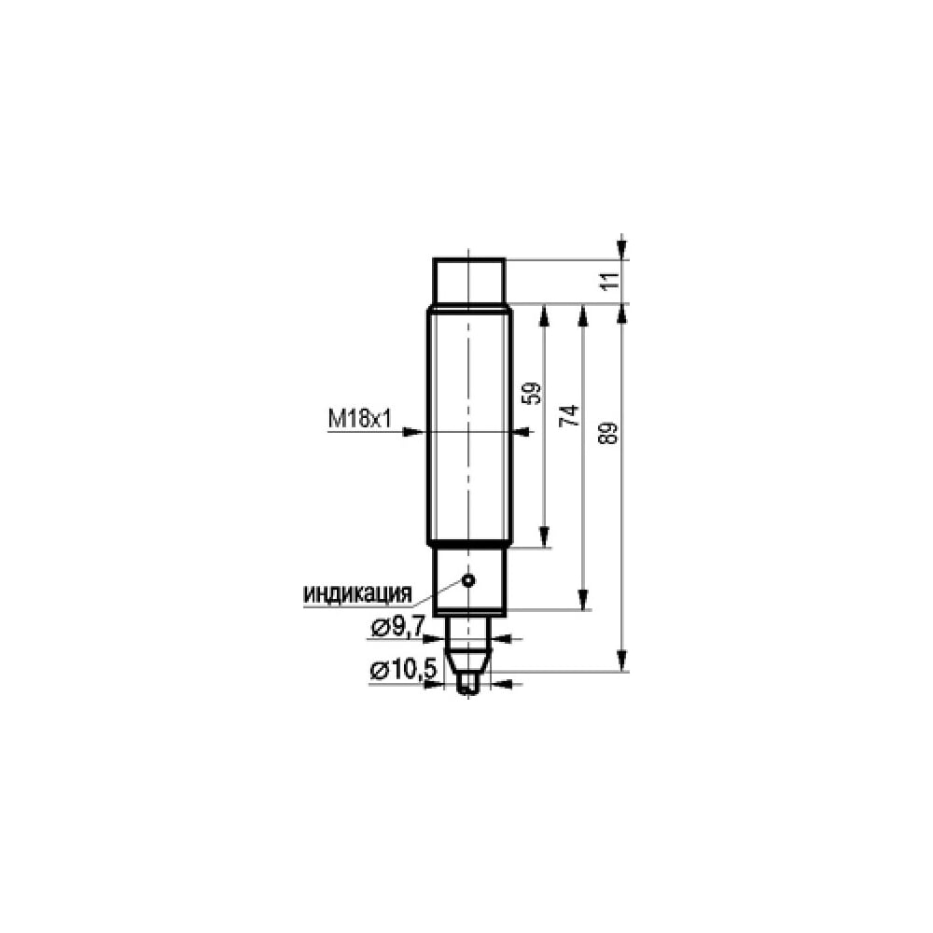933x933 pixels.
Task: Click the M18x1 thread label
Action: click(359, 420)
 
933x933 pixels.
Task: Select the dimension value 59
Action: click(535, 394)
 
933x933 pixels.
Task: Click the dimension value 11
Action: click(610, 280)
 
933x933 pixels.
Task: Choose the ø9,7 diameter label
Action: click(397, 627)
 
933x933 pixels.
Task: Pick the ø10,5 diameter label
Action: click(403, 671)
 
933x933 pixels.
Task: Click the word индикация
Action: click(357, 593)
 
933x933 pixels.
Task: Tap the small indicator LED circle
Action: click(469, 579)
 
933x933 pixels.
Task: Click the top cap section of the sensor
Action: click(469, 281)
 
